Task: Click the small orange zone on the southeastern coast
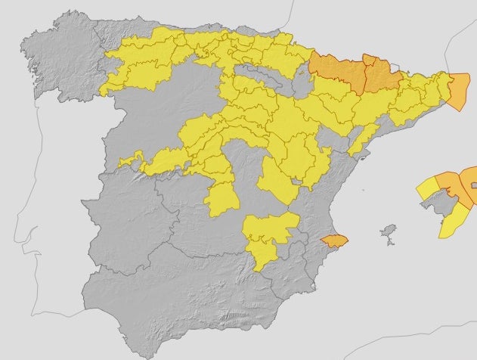tap(333, 241)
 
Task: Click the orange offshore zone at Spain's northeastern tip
tap(460, 91)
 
